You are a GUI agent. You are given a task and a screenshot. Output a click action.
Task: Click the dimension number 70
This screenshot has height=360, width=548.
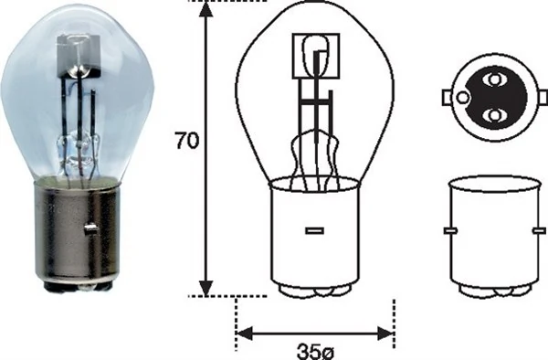185,143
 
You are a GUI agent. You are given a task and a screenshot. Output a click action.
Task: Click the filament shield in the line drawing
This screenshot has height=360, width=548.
314,54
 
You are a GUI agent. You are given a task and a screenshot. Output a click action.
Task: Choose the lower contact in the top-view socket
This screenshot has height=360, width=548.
494,115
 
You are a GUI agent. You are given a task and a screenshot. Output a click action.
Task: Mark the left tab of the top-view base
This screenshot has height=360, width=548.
447,98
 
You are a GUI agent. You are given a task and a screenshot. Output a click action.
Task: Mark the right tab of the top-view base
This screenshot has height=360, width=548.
542,98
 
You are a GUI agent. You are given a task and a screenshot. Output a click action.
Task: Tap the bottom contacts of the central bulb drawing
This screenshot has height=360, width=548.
314,291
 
